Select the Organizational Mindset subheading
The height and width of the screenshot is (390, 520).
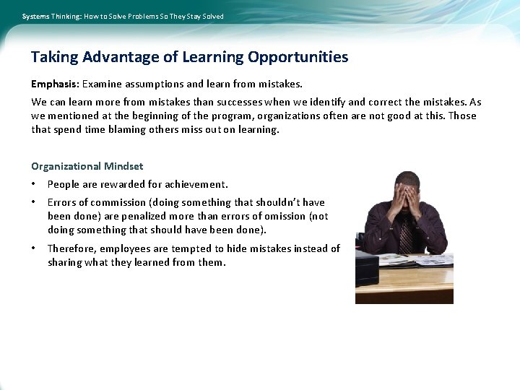point(87,166)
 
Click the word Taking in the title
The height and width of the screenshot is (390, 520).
point(55,57)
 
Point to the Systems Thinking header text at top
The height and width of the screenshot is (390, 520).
point(123,16)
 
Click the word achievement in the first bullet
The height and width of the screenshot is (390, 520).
point(196,184)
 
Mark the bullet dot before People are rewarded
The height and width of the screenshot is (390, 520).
point(34,185)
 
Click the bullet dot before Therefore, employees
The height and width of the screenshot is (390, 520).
point(34,248)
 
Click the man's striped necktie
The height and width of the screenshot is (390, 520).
point(405,235)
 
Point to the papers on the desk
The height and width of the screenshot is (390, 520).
point(426,259)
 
